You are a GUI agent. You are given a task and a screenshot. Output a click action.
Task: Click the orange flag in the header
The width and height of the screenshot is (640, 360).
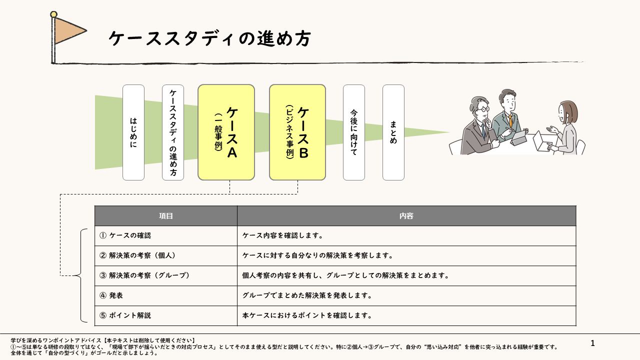[x=69, y=30]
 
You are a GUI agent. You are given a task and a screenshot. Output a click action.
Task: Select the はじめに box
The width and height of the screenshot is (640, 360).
[x=133, y=132]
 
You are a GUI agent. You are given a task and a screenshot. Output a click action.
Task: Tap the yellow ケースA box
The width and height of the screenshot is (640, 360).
[x=226, y=132]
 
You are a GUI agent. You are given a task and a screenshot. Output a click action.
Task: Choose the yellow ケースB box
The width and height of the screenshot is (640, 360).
[x=297, y=132]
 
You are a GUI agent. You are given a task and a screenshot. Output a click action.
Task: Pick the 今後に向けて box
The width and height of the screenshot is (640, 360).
[x=354, y=132]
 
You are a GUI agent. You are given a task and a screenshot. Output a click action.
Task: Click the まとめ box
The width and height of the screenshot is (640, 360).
[x=393, y=132]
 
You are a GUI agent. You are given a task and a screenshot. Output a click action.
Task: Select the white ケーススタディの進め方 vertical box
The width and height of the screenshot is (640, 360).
[x=173, y=132]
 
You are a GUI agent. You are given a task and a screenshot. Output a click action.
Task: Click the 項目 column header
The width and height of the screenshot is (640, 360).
[x=166, y=216]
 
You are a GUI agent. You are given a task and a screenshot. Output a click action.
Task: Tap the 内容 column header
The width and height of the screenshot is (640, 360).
[x=406, y=216]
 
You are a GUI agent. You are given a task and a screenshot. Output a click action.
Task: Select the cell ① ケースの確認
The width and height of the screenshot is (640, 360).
[x=166, y=235]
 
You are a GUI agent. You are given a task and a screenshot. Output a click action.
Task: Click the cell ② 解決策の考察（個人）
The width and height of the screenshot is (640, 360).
[x=166, y=255]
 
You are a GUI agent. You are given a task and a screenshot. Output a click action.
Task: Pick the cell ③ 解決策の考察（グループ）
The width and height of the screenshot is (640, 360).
[x=166, y=275]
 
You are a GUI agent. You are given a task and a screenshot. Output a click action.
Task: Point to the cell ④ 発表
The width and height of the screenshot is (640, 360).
[x=166, y=295]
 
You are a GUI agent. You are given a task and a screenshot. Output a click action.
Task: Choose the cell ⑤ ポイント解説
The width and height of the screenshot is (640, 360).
[x=166, y=315]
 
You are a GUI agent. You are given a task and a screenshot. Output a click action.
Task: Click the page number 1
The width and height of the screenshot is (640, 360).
[x=592, y=343]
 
